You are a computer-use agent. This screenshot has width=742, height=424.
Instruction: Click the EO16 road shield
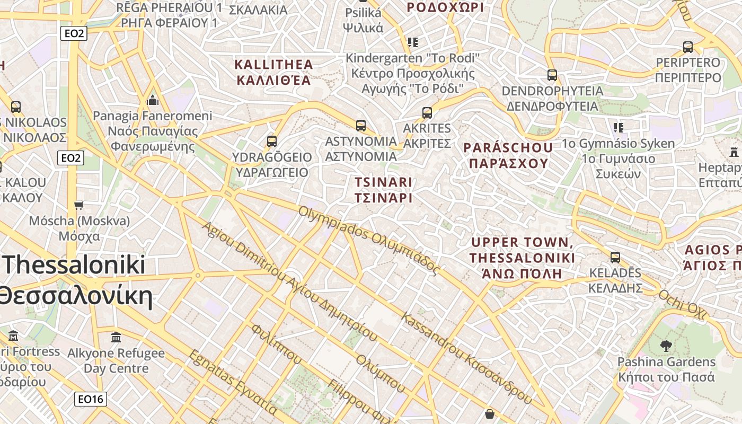(90, 399)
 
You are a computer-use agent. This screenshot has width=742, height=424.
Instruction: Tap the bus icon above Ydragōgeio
(272, 142)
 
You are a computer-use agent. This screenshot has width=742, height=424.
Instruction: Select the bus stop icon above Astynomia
(361, 126)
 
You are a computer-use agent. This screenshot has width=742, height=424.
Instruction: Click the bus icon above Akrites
(427, 112)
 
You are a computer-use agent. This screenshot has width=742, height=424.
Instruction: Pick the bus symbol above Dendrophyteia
(552, 75)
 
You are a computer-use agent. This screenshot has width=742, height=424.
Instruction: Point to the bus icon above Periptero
(688, 47)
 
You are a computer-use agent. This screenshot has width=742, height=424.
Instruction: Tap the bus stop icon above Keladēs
(615, 258)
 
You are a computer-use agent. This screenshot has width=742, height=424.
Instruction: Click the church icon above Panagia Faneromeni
(153, 100)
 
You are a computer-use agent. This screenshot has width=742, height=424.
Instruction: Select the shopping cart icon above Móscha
(79, 205)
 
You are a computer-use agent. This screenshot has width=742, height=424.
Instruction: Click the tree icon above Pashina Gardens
(666, 347)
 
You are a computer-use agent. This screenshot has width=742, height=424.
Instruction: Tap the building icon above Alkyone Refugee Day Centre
(116, 338)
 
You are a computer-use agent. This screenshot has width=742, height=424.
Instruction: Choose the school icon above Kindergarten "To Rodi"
(412, 42)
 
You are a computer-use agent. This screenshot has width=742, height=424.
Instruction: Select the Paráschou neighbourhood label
(508, 155)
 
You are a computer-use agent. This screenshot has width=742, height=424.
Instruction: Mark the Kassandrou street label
(466, 358)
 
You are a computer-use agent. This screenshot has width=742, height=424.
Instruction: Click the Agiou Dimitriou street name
(289, 281)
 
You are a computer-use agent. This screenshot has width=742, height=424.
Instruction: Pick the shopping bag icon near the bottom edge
(490, 413)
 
